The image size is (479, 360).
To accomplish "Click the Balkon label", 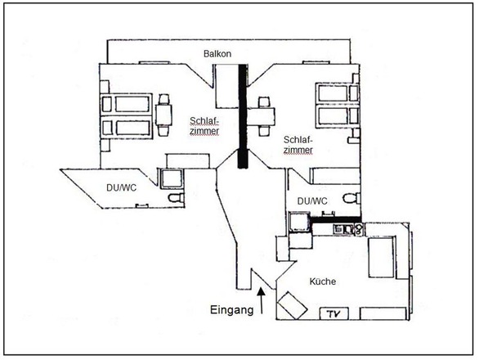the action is coord(217,54).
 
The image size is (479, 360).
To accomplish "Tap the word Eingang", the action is coord(232,310).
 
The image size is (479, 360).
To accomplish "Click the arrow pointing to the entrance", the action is coord(262,300).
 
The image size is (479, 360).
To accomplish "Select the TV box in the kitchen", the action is coord(334,314).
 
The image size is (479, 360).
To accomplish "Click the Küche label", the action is coord(323,281).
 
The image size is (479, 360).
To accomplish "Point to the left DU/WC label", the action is coord(121,188).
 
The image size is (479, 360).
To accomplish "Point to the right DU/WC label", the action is coord(312,201).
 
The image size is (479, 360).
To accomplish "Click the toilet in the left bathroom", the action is coord(177,198).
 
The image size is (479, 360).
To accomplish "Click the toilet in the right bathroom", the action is coord(351,198).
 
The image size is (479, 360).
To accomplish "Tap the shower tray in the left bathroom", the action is coord(172,179).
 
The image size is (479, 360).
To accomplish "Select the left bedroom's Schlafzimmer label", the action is coord(204,126).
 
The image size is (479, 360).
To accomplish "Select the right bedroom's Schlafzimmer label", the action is coord(298,145).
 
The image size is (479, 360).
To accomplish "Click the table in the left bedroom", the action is coord(163,115).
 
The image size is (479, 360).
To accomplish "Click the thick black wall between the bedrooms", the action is coord(242,116).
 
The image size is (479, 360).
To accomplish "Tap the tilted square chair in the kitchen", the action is coord(292,305).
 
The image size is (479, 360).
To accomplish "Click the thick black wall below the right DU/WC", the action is coord(336,219).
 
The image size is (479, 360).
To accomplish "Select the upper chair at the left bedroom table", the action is coord(164,99).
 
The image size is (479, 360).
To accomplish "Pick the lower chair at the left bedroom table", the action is coord(163,131).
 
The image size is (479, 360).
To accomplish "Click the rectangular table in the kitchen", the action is coord(381,258).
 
